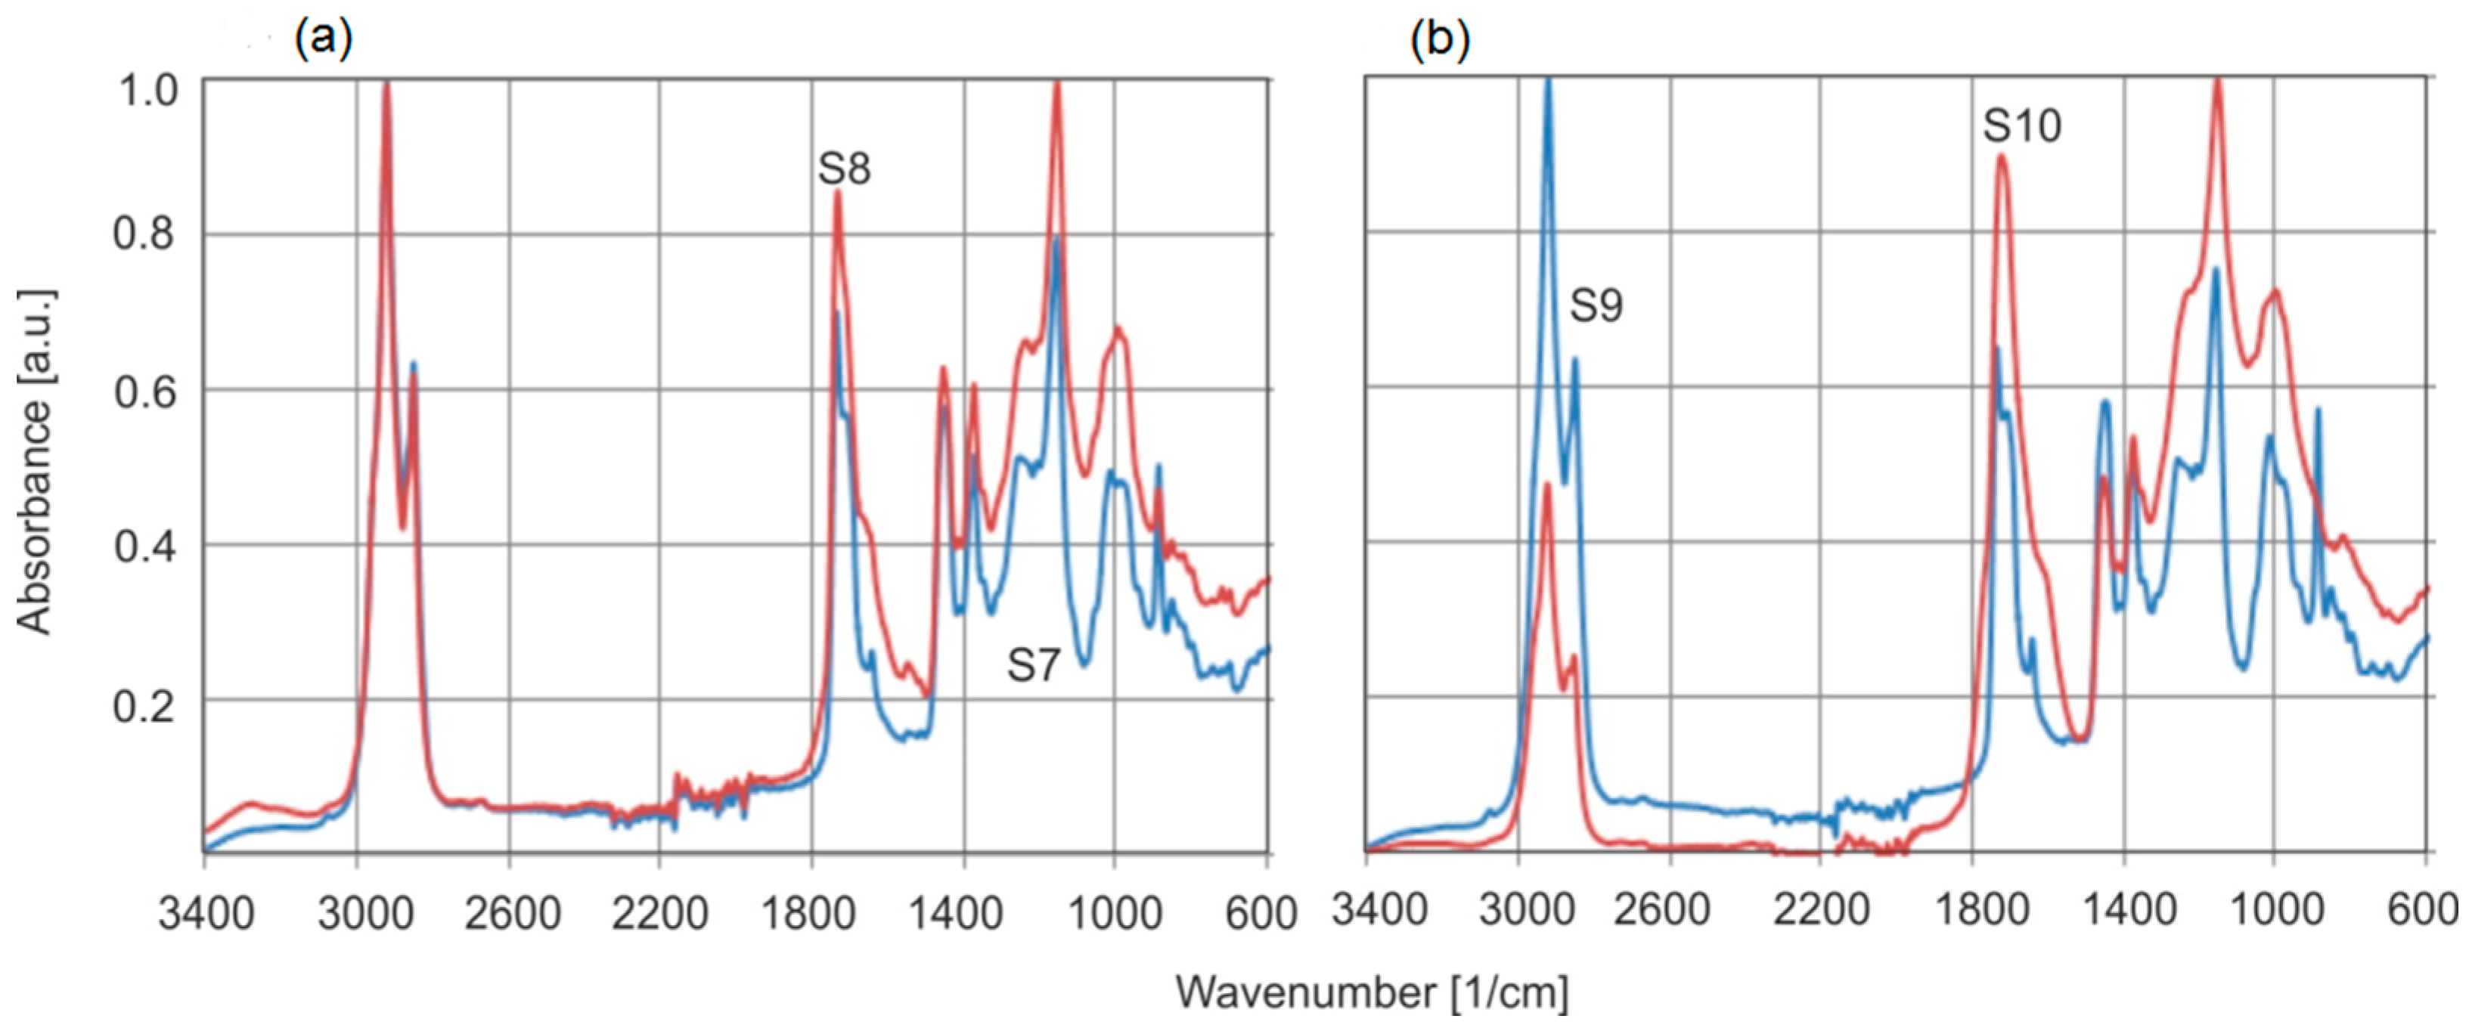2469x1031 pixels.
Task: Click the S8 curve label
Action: (843, 169)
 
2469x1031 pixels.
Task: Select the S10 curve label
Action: (2021, 125)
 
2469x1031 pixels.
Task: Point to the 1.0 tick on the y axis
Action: (147, 91)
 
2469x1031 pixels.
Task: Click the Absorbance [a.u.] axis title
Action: (36, 461)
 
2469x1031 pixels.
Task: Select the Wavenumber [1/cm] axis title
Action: (1372, 992)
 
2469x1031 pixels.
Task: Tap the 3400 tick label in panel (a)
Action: (206, 913)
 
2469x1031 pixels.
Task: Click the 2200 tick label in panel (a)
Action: (659, 913)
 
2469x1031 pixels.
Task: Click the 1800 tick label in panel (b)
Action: (1981, 909)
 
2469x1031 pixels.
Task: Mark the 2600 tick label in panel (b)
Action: (1661, 909)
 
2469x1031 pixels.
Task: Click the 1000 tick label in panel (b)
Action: (2276, 909)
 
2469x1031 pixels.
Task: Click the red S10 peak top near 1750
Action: (2000, 156)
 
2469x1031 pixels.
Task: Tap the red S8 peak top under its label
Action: (837, 193)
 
